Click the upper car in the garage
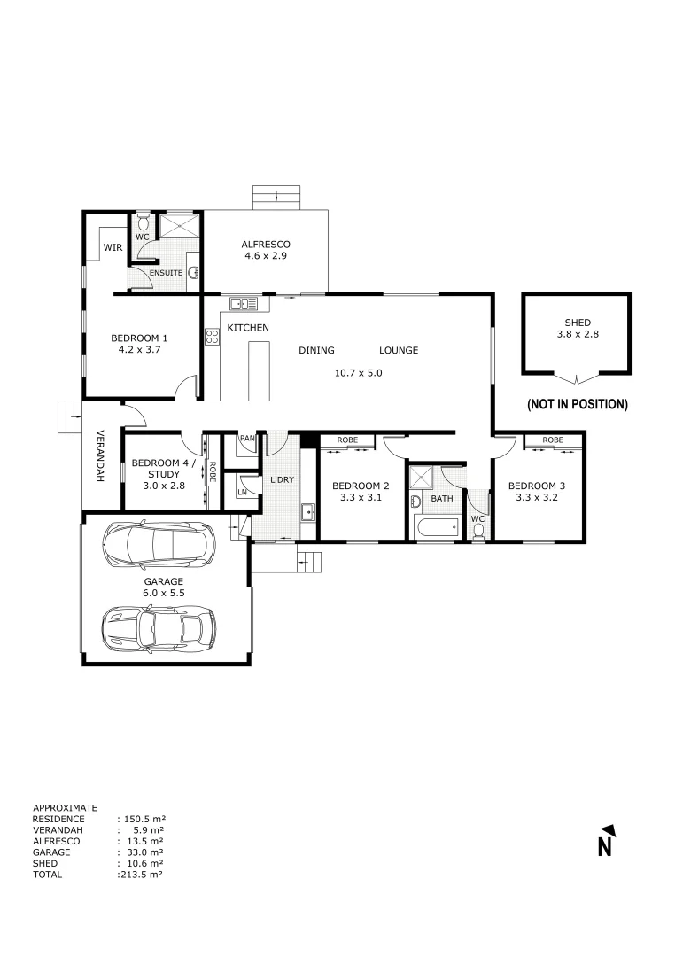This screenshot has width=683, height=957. point(158,545)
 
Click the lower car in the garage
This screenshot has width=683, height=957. point(159,627)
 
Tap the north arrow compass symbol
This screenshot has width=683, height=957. point(606,841)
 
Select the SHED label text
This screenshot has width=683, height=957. point(577,323)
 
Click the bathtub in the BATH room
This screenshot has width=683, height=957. point(436,529)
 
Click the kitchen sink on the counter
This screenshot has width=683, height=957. point(244,304)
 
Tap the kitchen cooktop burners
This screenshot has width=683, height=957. point(213,336)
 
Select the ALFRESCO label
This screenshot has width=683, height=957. point(267,245)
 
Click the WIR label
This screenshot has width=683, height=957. point(113,247)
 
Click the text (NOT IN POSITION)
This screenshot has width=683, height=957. point(577,404)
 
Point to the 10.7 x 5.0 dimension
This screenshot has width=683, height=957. point(358,373)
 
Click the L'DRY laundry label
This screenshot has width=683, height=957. point(282,479)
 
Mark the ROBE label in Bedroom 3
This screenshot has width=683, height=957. point(553,440)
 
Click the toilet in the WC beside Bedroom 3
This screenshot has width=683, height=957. point(478,531)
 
